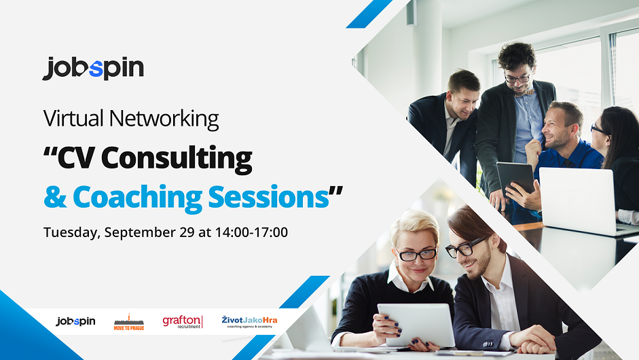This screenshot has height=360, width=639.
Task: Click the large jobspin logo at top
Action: point(93,69)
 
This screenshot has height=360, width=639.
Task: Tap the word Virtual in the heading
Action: point(73,118)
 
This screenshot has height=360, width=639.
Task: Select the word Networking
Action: point(164,119)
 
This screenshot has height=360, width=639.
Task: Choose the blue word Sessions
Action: point(268,197)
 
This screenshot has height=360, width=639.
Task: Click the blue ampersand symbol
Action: point(55,198)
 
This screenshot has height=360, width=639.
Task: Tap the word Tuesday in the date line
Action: point(72,232)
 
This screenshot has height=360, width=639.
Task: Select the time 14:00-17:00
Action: point(251,232)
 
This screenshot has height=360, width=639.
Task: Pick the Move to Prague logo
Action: point(129,322)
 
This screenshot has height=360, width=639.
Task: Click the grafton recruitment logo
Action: point(183,322)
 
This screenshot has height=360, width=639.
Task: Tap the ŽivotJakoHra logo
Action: point(249,322)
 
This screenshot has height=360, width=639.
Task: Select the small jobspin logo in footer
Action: point(75,321)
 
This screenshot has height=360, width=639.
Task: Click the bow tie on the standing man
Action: point(524,93)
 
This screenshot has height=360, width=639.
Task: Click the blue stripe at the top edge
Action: point(369,14)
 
